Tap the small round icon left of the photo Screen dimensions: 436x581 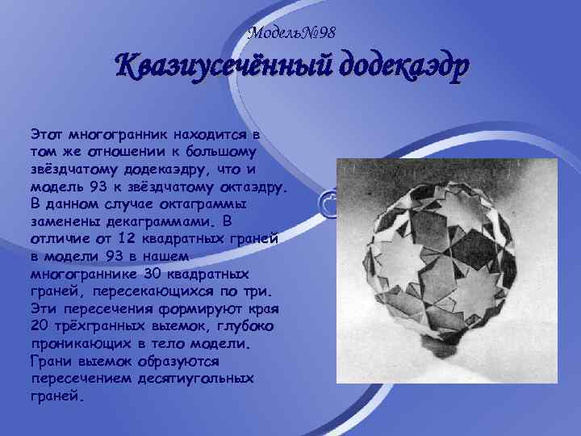tap(328, 202)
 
